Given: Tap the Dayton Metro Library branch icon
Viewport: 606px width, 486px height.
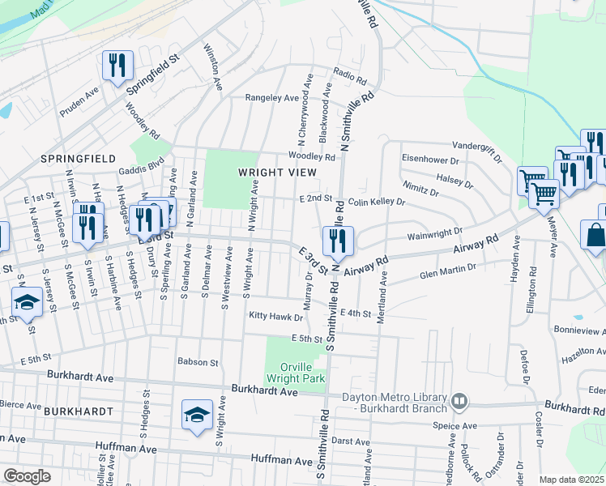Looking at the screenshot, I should point(459,400).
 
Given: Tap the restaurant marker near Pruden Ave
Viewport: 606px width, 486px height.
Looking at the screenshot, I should point(117,66).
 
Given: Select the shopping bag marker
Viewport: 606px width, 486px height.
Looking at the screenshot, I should point(595,236).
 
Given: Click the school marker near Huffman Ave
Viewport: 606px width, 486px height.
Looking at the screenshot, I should point(197,415).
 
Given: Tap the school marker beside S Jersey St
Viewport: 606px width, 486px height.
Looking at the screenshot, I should point(28,302).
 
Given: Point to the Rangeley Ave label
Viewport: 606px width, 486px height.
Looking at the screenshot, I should point(273,98).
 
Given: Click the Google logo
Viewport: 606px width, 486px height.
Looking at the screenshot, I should point(28,476).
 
